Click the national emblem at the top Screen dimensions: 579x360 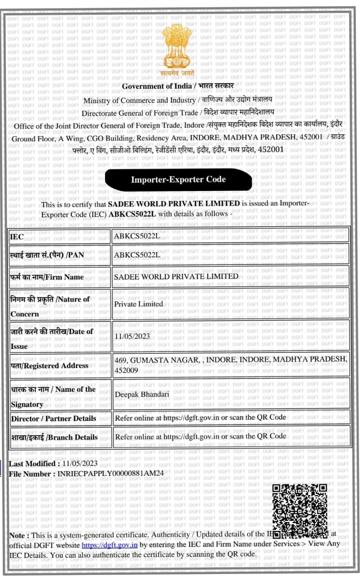pos(177,48)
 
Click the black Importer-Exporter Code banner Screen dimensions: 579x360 pos(178,179)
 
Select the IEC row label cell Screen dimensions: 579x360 pos(60,235)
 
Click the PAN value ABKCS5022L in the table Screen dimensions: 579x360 pos(137,255)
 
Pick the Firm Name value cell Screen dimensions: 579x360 pos(230,276)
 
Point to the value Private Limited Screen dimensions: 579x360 pos(138,303)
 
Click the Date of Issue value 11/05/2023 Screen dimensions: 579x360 pos(133,336)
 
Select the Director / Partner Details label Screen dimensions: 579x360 pos(53,418)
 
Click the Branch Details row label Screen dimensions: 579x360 pos(54,436)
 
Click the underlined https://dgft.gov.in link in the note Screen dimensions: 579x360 pos(109,544)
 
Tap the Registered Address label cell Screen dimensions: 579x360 pos(60,365)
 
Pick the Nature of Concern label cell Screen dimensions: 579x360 pos(60,306)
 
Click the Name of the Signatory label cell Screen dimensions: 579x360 pos(60,396)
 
